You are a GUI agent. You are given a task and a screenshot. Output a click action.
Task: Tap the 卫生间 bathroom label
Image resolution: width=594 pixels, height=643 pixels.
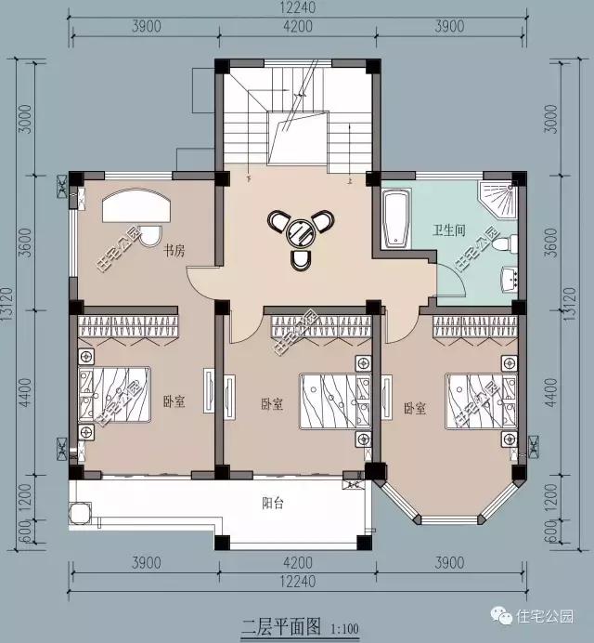coord(448,229)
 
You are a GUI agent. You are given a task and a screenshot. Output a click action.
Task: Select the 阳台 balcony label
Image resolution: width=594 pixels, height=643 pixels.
coord(273,503)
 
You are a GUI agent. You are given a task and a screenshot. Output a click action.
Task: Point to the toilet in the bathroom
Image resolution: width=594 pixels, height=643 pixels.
coord(502,244)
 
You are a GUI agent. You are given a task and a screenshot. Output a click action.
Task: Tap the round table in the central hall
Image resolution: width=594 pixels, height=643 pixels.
coord(300,230)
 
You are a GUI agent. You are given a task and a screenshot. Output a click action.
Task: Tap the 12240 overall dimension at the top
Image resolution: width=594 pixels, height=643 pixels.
coord(296,8)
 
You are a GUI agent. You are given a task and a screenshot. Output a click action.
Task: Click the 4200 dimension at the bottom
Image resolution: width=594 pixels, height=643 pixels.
coord(297,563)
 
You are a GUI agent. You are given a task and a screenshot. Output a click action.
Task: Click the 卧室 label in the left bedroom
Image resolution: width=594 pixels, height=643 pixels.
coord(174,401)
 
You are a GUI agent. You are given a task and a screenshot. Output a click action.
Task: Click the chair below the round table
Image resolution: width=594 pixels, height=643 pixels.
coord(300,259)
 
